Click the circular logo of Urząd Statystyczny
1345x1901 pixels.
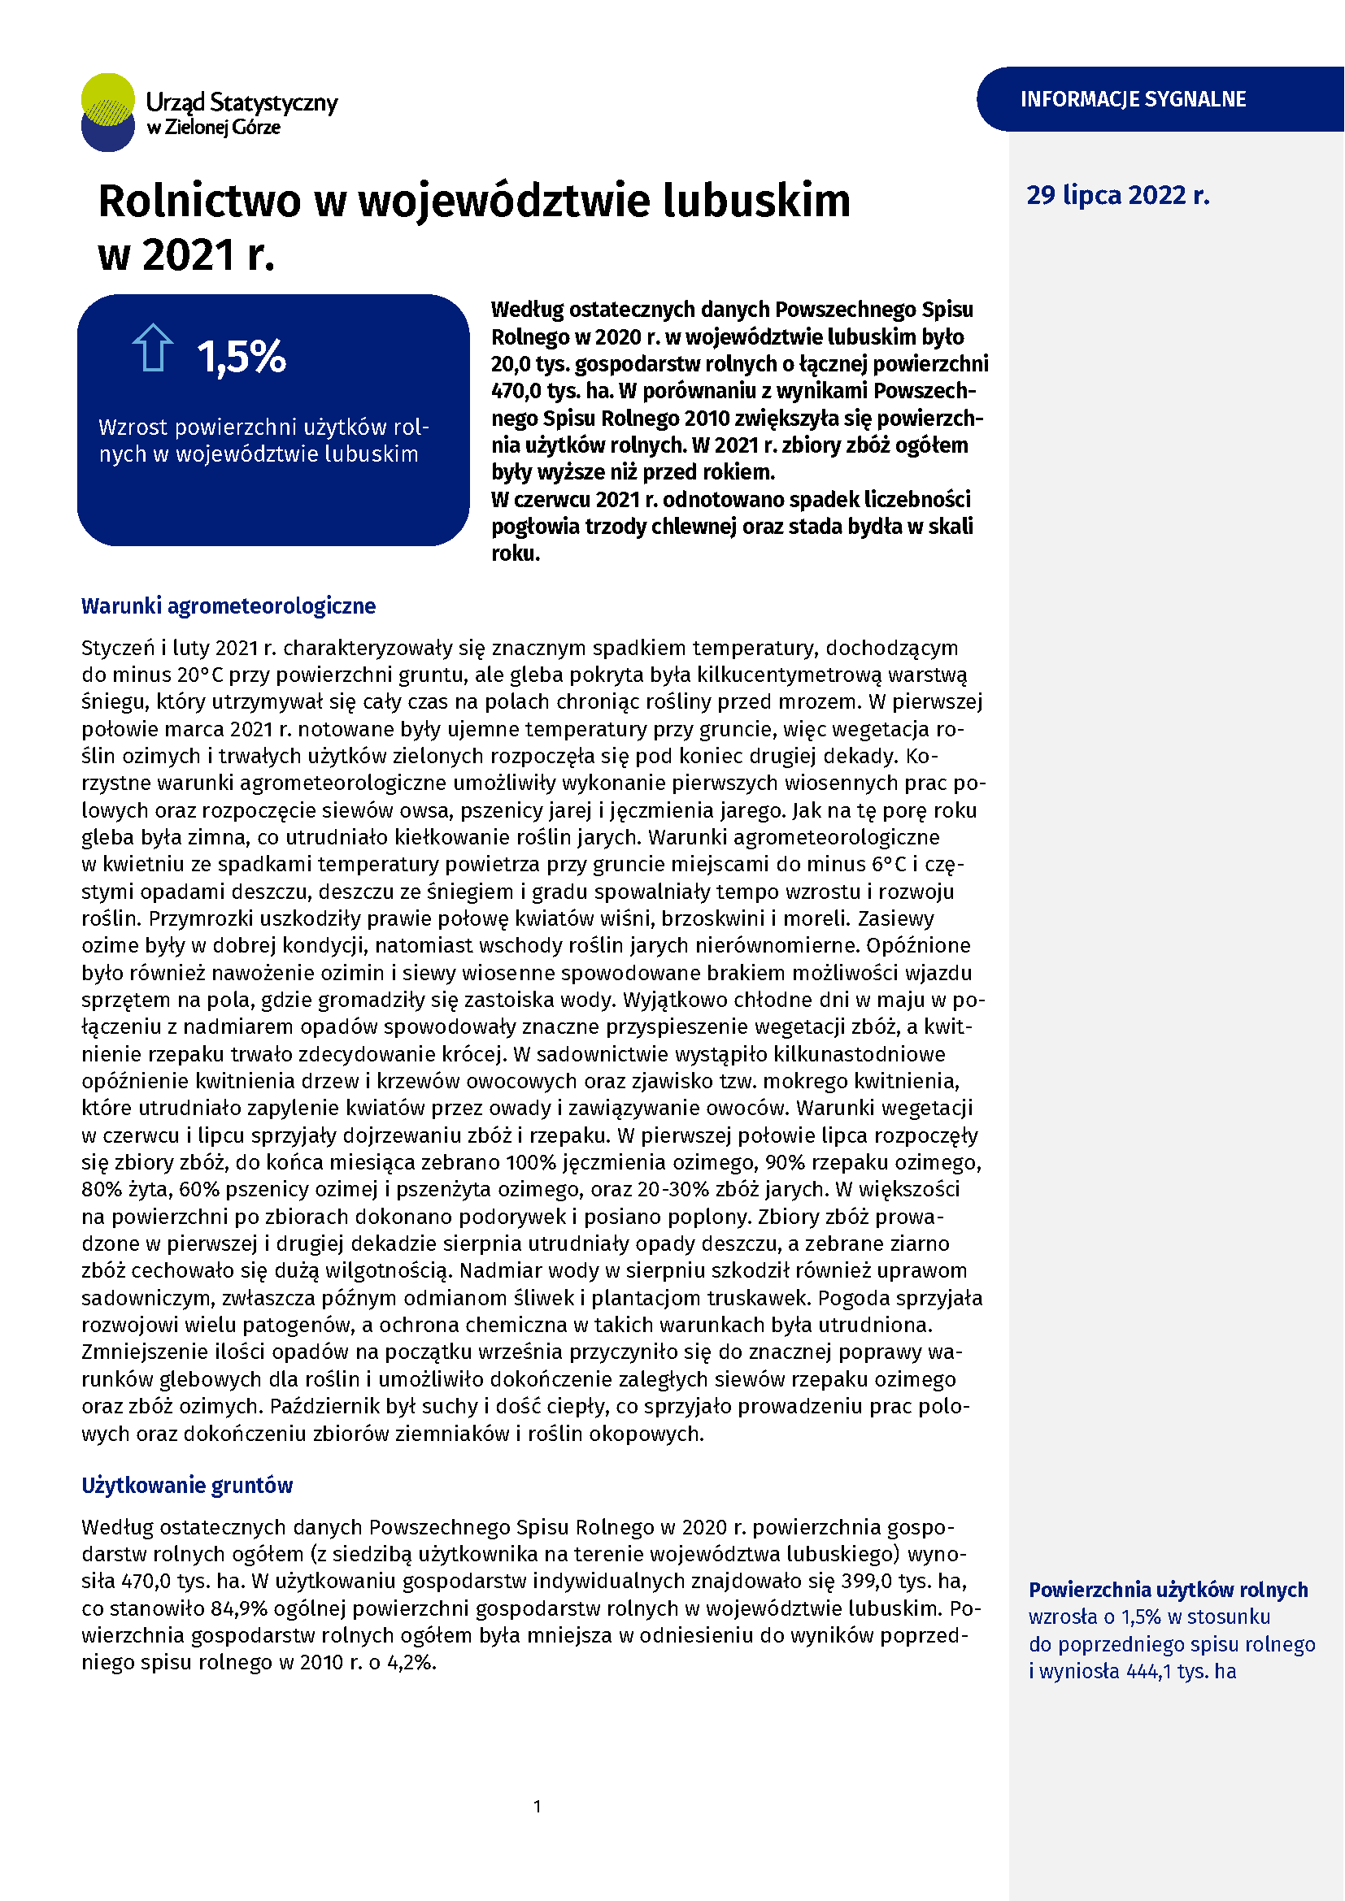pyautogui.click(x=107, y=113)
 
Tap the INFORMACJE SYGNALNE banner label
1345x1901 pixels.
pyautogui.click(x=1132, y=99)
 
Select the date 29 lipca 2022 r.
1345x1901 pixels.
pyautogui.click(x=1117, y=195)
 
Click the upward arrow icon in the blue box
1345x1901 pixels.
pyautogui.click(x=152, y=348)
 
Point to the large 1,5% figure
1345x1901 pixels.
pyautogui.click(x=241, y=357)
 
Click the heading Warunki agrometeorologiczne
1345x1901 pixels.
pyautogui.click(x=228, y=606)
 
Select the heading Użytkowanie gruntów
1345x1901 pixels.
pyautogui.click(x=186, y=1486)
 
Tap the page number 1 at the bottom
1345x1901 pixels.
pyautogui.click(x=538, y=1806)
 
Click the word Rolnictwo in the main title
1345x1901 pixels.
pyautogui.click(x=198, y=202)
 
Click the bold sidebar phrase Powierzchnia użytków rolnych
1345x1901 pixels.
pyautogui.click(x=1168, y=1590)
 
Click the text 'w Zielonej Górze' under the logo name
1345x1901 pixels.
pyautogui.click(x=214, y=128)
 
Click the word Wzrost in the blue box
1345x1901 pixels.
pyautogui.click(x=132, y=428)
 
